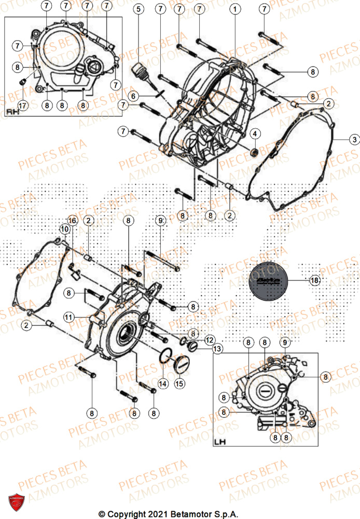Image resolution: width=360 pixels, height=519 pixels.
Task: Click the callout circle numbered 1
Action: (x=236, y=9)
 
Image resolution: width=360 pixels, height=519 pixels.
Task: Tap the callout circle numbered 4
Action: (x=255, y=134)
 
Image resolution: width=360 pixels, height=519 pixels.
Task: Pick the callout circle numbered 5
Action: (x=139, y=9)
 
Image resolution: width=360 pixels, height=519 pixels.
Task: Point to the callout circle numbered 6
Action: (x=133, y=97)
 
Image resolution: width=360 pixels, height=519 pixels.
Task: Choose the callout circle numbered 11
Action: (x=68, y=317)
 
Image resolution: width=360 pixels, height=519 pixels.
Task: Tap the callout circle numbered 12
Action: (x=209, y=340)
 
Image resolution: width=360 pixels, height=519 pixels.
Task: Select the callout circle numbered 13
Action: (x=217, y=350)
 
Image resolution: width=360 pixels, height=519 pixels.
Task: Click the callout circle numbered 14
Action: (x=162, y=384)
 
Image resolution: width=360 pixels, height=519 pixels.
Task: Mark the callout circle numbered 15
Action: (x=179, y=384)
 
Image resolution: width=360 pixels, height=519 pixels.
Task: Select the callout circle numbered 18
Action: (x=314, y=281)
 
